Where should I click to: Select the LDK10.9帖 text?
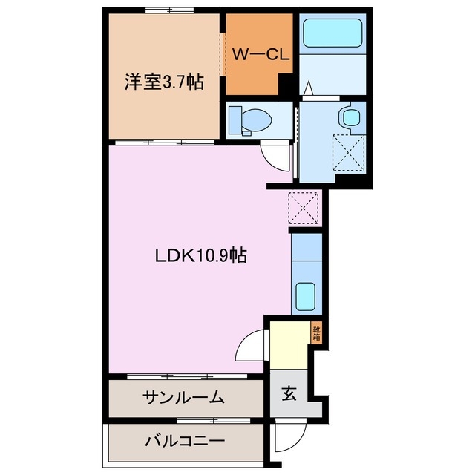point(200,256)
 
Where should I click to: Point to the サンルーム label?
point(183,397)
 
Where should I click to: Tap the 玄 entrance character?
point(288,394)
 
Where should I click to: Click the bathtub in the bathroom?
point(332,33)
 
